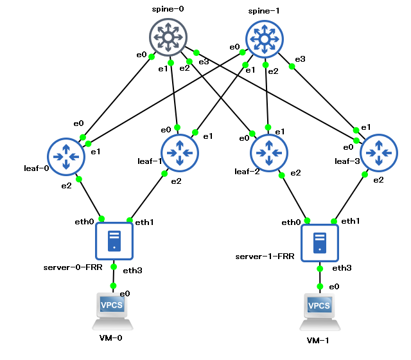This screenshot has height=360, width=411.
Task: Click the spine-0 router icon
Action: click(168, 37)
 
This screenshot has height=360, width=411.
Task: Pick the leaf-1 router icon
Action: click(179, 152)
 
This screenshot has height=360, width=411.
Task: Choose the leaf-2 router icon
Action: click(268, 152)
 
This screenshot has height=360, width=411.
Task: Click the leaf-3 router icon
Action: click(379, 153)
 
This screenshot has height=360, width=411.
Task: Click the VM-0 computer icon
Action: click(114, 310)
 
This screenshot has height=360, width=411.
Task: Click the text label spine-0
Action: click(168, 10)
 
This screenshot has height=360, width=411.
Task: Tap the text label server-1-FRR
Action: click(265, 256)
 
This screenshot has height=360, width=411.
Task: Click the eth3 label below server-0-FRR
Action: click(132, 270)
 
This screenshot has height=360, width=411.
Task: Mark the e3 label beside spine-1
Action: click(300, 59)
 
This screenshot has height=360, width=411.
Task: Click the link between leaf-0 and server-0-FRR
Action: click(91, 199)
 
